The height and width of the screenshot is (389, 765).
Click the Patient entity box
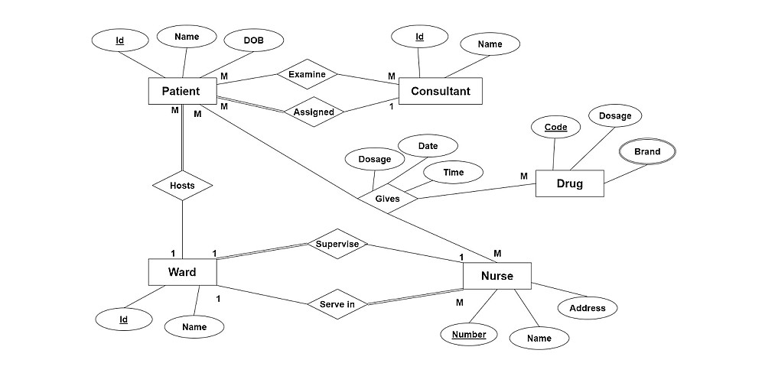point(181,91)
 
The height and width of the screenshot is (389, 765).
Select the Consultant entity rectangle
point(441,92)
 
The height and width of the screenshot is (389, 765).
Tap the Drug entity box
point(569,183)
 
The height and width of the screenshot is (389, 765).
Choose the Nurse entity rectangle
point(496,275)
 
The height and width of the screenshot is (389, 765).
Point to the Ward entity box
point(181,272)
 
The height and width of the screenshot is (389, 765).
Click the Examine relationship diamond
point(307,75)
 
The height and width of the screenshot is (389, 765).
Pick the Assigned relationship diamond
point(314,112)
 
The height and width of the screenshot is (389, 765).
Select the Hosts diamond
point(182,185)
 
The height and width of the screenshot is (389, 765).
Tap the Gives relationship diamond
point(387,199)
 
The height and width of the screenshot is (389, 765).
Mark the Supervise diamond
point(337,244)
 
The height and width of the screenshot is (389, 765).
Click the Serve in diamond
point(337,303)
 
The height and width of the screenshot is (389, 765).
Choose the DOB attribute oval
point(253,41)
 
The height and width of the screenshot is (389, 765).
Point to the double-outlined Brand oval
point(646,152)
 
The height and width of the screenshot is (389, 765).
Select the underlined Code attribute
point(556,128)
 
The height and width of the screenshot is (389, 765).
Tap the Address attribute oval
point(588,308)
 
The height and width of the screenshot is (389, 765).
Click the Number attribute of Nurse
point(468,335)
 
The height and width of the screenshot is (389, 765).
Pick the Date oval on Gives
point(428,145)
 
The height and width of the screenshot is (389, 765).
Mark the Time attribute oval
point(453,173)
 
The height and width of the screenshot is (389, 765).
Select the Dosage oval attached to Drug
point(615,116)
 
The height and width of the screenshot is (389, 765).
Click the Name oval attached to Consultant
point(490,44)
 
